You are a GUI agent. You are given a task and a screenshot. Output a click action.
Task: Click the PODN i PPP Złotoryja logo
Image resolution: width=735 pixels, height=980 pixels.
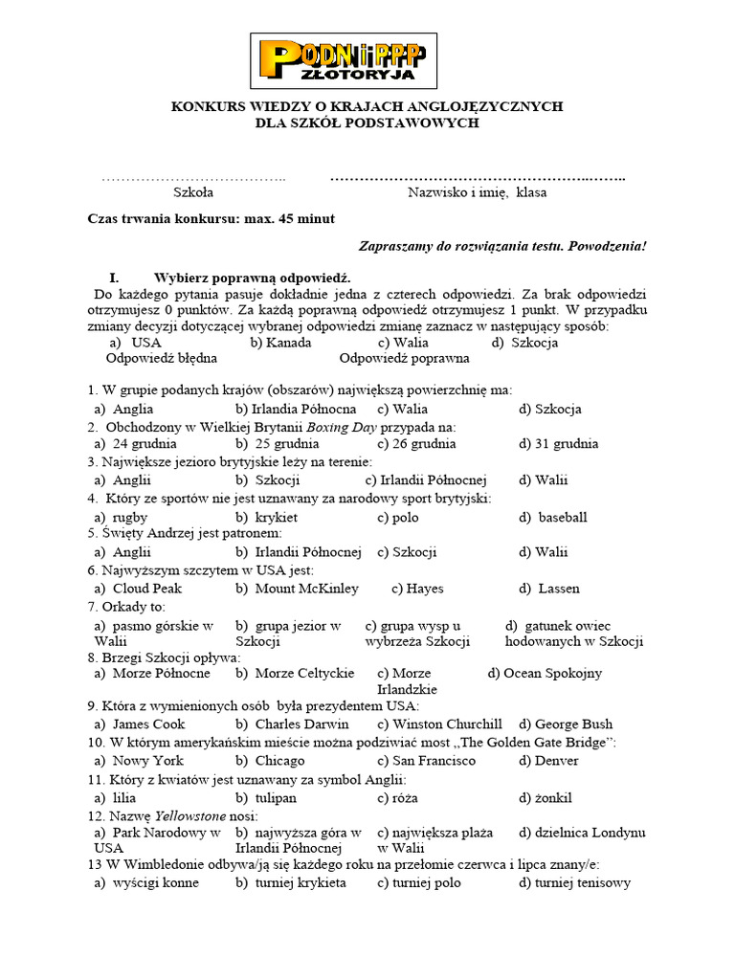344,60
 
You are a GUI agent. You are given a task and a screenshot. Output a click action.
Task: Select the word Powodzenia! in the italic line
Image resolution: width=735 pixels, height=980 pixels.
608,246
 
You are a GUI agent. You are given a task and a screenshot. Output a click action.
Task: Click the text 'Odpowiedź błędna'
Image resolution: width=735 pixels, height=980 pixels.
162,358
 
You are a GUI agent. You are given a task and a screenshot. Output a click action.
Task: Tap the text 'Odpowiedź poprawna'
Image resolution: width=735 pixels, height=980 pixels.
404,358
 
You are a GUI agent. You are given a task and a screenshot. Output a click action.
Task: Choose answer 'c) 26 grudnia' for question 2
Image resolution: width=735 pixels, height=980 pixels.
416,444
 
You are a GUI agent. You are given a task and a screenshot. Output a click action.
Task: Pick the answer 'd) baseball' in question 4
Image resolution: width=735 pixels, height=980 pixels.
553,518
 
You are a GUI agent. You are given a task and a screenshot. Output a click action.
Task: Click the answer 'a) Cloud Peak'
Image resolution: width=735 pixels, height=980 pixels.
138,589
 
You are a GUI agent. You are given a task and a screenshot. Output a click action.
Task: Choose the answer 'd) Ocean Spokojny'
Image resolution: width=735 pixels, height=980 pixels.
545,674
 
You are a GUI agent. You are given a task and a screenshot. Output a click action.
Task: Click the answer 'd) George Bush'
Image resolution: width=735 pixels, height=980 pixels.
566,724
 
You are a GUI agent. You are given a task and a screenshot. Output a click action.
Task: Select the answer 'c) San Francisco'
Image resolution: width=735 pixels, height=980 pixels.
426,761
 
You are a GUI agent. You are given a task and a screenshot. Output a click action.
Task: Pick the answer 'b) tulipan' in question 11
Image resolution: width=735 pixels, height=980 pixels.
266,797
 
